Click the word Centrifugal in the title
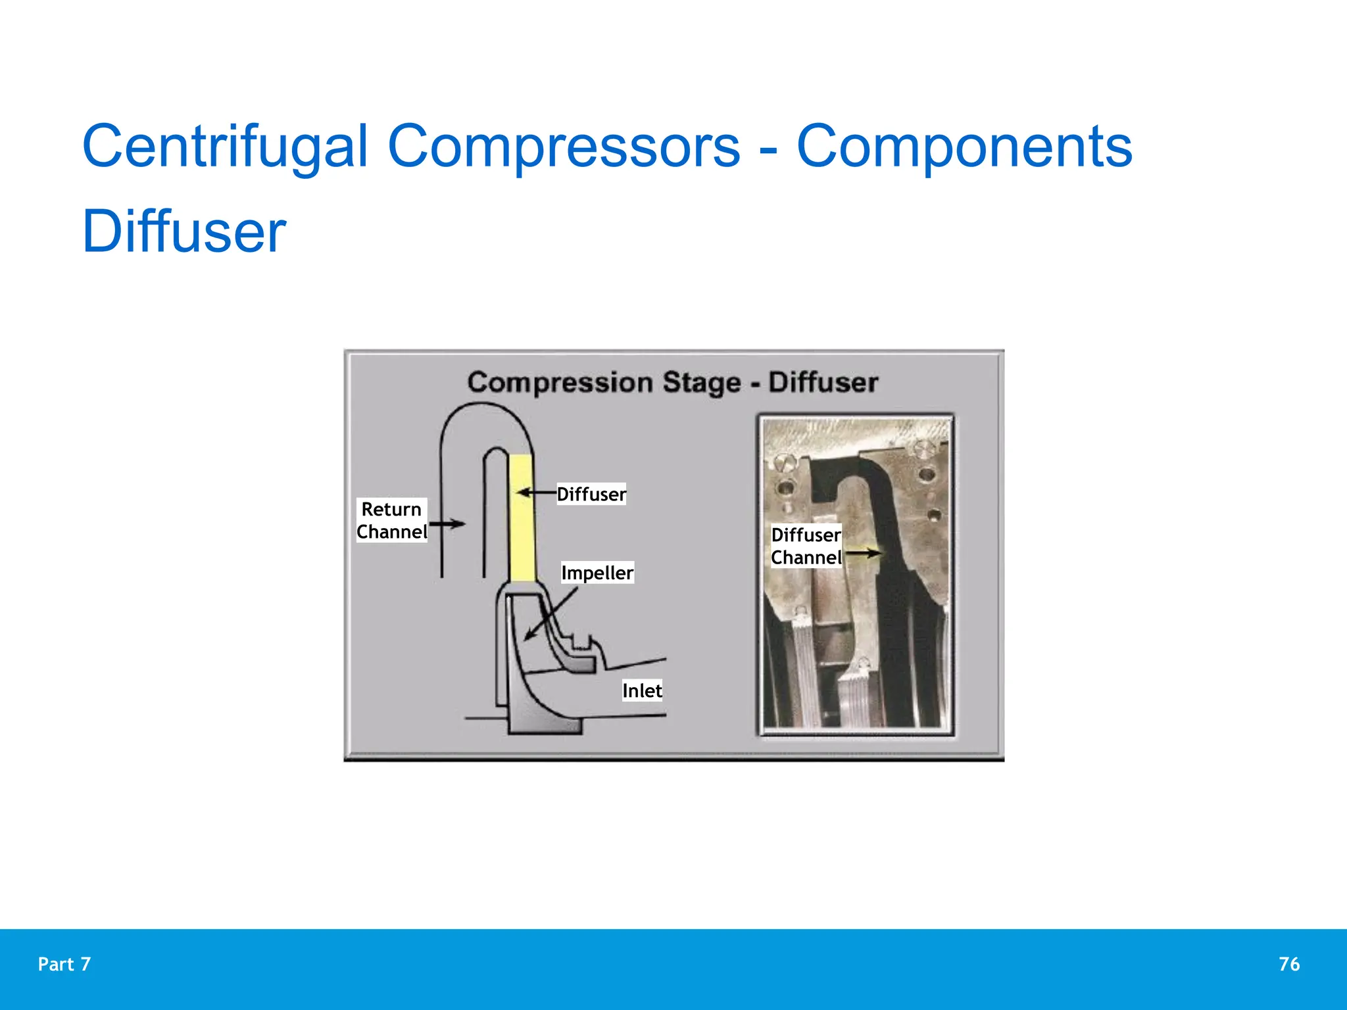point(224,147)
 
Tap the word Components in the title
point(964,147)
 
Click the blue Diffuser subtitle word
point(184,231)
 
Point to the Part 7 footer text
point(64,964)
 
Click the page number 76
point(1289,964)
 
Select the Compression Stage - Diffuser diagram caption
point(672,382)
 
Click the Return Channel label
point(391,520)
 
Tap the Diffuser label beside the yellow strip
point(591,494)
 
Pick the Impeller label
point(597,573)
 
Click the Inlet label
point(642,690)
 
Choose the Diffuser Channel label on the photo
point(806,546)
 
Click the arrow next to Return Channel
point(447,524)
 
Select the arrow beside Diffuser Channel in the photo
point(862,554)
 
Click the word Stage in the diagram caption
point(701,382)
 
